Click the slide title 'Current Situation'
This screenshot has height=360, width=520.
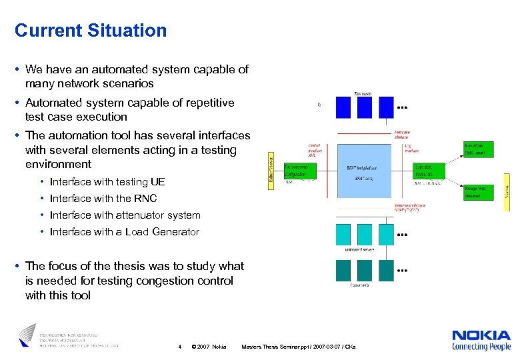pos(91,31)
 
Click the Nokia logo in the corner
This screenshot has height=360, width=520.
pos(481,339)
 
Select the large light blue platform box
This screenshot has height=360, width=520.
pos(366,171)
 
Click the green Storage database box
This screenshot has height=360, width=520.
pos(479,193)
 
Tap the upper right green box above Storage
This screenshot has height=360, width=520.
pos(479,149)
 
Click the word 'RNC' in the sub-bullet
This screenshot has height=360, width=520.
pos(145,199)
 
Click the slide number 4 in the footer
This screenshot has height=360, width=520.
pos(180,347)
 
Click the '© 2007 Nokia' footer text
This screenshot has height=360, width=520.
pos(209,347)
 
